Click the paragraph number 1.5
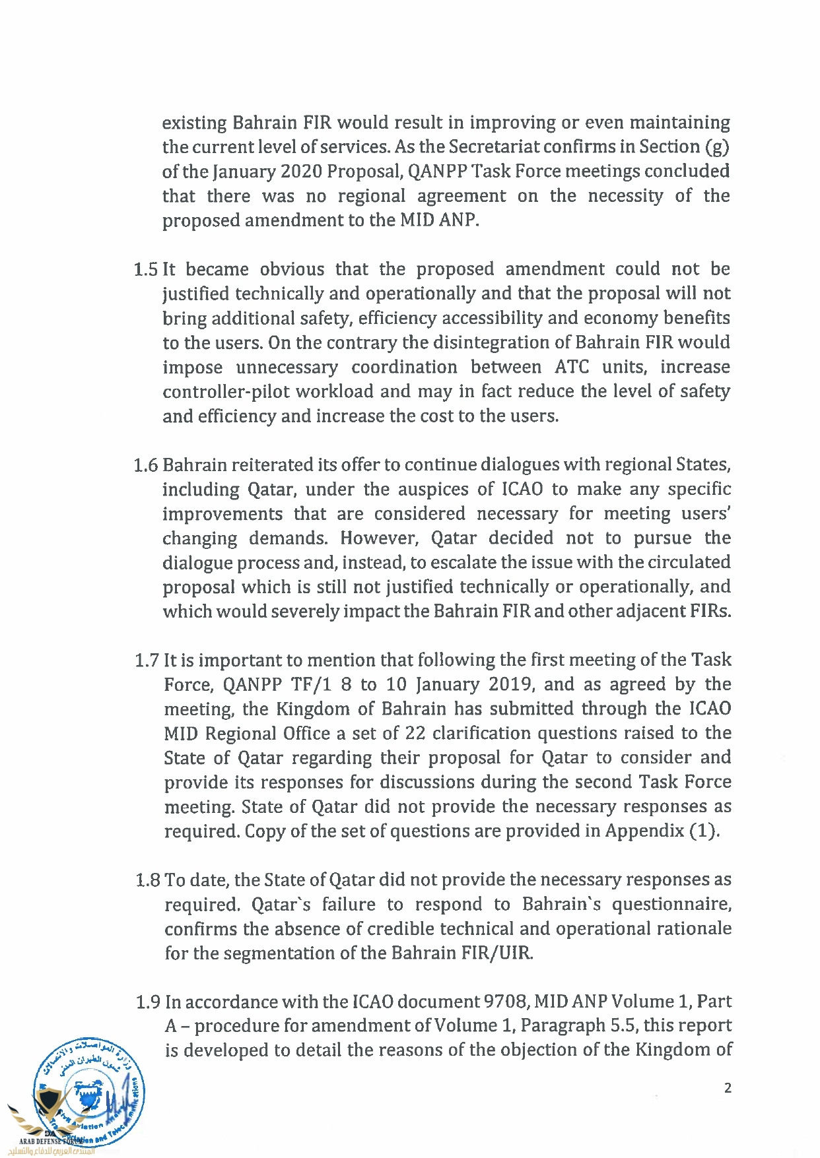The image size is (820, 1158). [145, 270]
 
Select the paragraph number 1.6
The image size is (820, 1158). [145, 465]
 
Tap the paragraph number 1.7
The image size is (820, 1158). [147, 660]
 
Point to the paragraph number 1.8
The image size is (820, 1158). [147, 880]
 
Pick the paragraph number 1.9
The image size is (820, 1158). [148, 1002]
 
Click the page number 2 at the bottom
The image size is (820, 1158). [728, 1088]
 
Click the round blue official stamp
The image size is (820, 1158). [89, 1092]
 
